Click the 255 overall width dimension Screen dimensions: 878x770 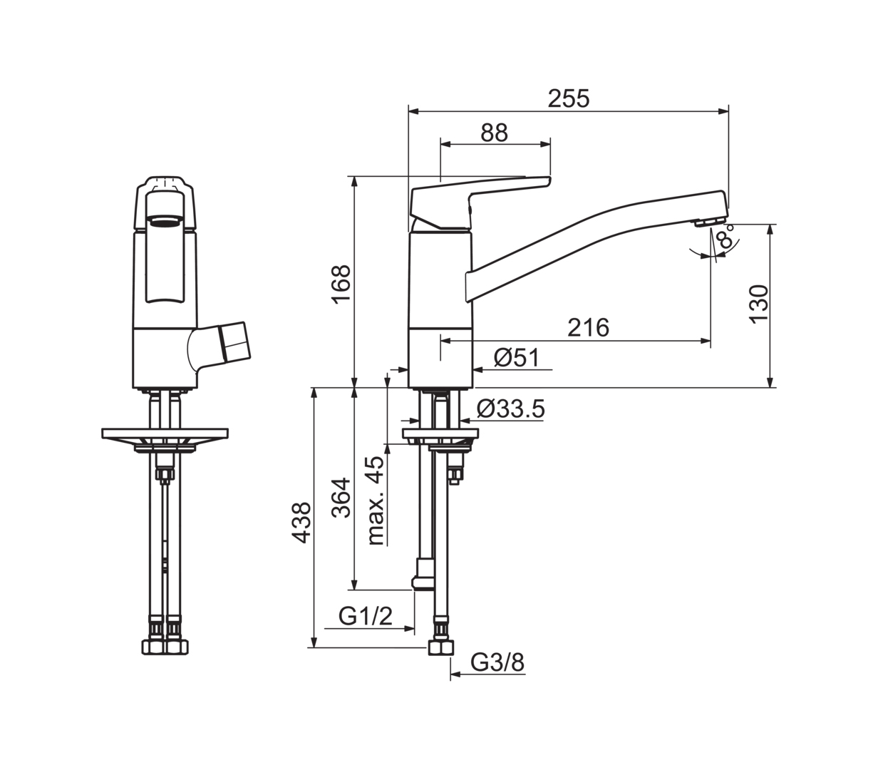[x=568, y=98]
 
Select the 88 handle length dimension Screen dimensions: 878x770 [x=494, y=133]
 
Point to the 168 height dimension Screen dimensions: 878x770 [x=341, y=284]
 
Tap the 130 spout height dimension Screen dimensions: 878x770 [x=759, y=304]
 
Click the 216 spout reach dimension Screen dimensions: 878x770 [x=588, y=327]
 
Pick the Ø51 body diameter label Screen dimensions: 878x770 [x=516, y=358]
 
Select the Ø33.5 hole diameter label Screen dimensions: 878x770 [x=510, y=409]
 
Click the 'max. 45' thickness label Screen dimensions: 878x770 [x=376, y=500]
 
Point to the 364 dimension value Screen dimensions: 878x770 [x=341, y=498]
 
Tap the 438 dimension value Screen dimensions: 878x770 [x=301, y=523]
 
